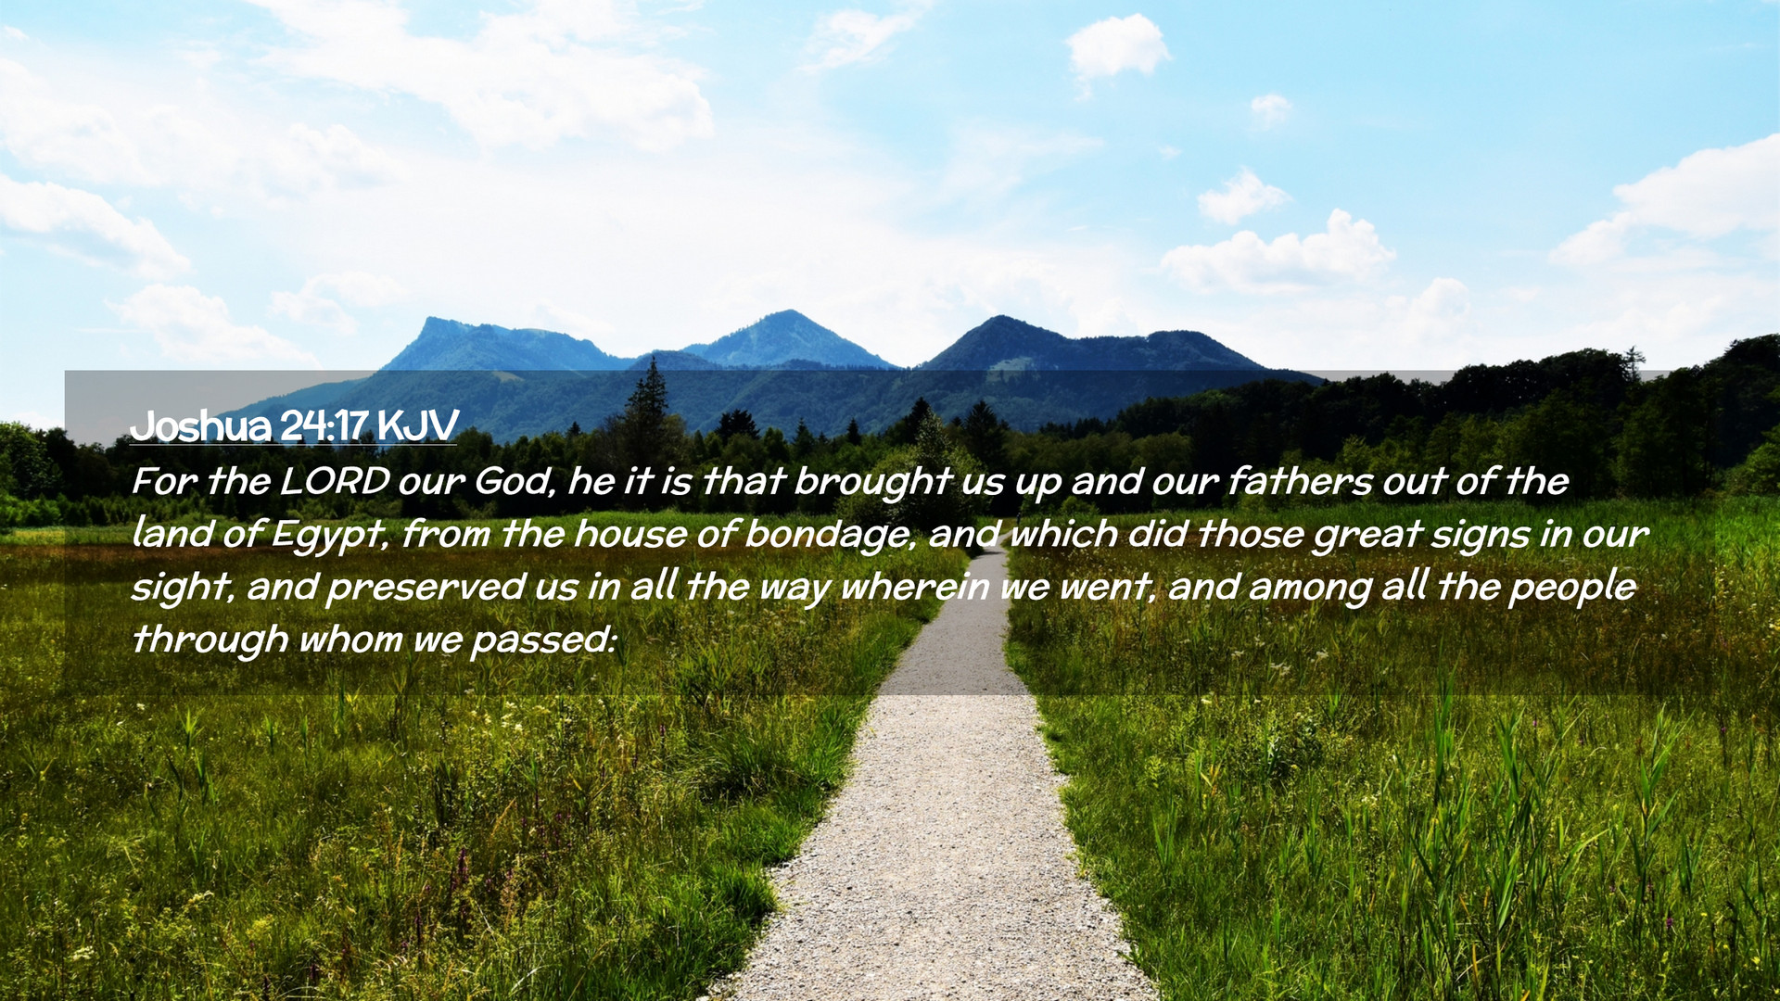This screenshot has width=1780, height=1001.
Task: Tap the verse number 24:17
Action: coord(324,426)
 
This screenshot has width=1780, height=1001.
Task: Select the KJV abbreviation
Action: coord(417,426)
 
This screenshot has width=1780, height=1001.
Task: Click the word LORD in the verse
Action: coord(335,482)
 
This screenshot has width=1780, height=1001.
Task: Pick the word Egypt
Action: coord(329,536)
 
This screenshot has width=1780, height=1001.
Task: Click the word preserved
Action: coord(426,588)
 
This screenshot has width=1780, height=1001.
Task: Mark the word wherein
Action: coord(915,588)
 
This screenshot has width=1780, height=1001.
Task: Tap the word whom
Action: coord(350,640)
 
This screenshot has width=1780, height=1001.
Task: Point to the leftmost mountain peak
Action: coord(430,320)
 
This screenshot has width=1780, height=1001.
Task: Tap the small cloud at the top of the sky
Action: coord(1117,46)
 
